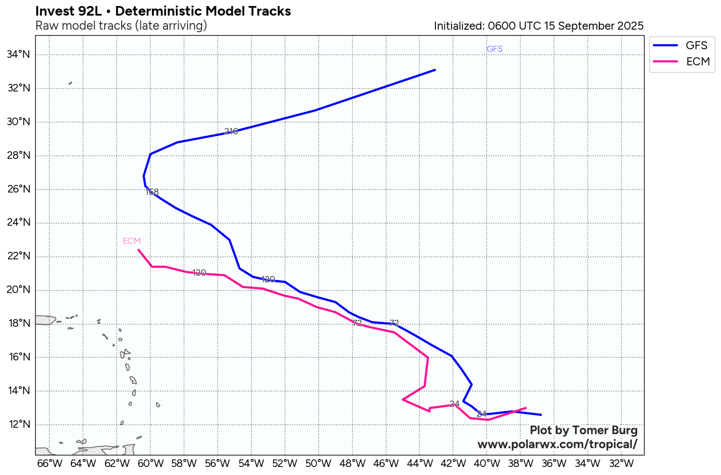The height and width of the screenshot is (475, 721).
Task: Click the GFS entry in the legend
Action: click(x=696, y=46)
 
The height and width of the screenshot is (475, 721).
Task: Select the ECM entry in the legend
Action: click(x=698, y=62)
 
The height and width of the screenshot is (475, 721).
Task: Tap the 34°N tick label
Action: click(x=19, y=54)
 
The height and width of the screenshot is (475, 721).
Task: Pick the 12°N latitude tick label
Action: click(x=19, y=424)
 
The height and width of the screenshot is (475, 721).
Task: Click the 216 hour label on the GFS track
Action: click(x=231, y=131)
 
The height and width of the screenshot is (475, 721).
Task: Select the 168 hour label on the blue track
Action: click(x=152, y=192)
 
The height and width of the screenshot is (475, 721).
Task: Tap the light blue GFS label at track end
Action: click(x=494, y=49)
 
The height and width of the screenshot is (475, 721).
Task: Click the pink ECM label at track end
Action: click(x=132, y=241)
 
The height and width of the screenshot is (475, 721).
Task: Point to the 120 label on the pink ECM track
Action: click(x=199, y=272)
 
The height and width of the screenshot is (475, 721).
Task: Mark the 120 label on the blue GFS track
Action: click(x=268, y=279)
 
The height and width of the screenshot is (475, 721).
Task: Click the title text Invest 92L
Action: click(x=68, y=11)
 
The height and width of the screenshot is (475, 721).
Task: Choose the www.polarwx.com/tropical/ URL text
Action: click(x=557, y=444)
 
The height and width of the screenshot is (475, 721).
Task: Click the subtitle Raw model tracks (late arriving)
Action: click(x=121, y=26)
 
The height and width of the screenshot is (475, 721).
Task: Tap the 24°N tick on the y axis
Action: click(x=19, y=223)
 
